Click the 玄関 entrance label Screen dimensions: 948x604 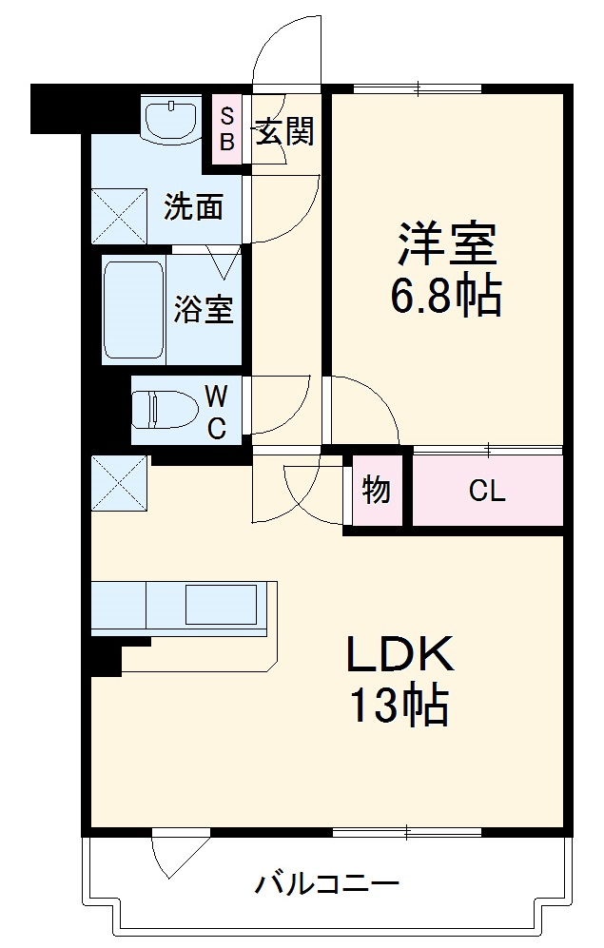[x=283, y=132]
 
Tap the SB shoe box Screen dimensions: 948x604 [x=226, y=129]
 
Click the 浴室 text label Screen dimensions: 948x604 [x=203, y=309]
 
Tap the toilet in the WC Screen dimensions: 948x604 [x=158, y=410]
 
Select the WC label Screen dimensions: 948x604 [x=217, y=410]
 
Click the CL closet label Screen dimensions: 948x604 [x=487, y=492]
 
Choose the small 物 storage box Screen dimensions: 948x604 [x=377, y=492]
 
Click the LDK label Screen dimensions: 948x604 [x=399, y=656]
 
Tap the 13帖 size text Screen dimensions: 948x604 [x=399, y=706]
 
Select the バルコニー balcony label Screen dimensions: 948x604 [x=326, y=884]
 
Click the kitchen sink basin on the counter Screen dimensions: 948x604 [x=221, y=605]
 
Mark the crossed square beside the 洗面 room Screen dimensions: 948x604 [x=120, y=216]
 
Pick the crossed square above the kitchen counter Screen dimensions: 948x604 [x=120, y=484]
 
